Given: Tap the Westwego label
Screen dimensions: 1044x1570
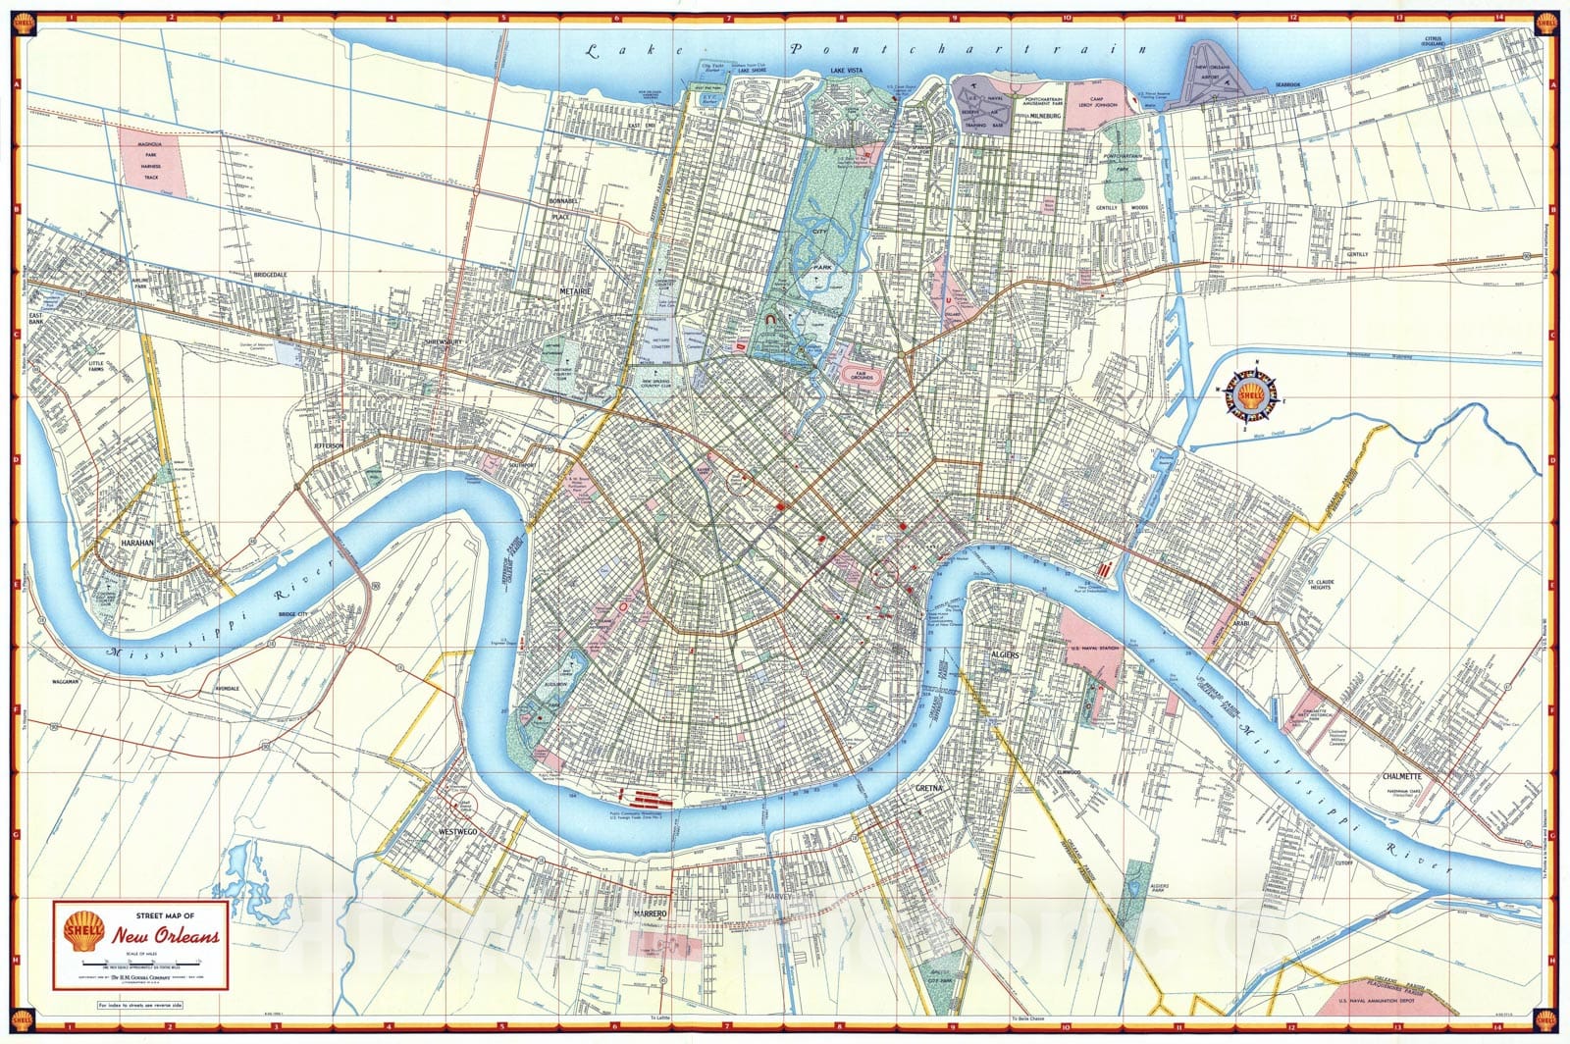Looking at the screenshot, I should pyautogui.click(x=459, y=831).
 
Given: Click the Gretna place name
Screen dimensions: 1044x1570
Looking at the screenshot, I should pyautogui.click(x=928, y=788).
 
